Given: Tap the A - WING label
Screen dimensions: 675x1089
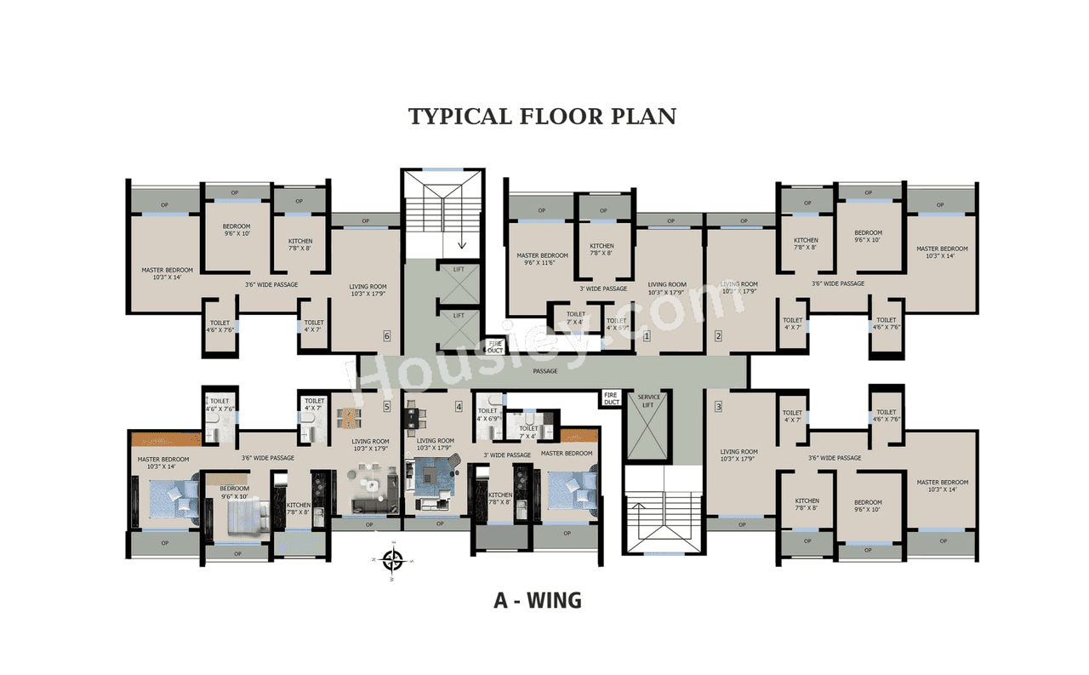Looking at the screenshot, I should point(538,600).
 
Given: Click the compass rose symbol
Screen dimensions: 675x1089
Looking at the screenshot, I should point(392,560).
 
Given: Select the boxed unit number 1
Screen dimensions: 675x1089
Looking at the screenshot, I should point(647,337).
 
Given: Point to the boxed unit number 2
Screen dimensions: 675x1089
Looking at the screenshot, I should point(718,337).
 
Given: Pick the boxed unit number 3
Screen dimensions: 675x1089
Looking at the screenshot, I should point(718,407).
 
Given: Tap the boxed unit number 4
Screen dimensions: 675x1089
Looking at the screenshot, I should point(459,407).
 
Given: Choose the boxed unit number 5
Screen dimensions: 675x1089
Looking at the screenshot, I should point(386,407).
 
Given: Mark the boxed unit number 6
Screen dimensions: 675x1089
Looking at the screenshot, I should point(386,337).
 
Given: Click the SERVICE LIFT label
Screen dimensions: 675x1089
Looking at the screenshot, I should point(649,402).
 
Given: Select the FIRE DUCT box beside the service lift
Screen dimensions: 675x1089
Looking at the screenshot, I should point(610,398).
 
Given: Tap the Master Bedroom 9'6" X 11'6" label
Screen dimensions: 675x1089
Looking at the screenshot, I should point(542,260).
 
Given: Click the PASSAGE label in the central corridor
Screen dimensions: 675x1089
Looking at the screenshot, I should point(544,371).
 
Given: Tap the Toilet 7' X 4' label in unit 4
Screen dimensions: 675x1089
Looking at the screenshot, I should point(528,432).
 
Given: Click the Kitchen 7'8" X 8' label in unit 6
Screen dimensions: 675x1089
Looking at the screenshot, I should point(300,245).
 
